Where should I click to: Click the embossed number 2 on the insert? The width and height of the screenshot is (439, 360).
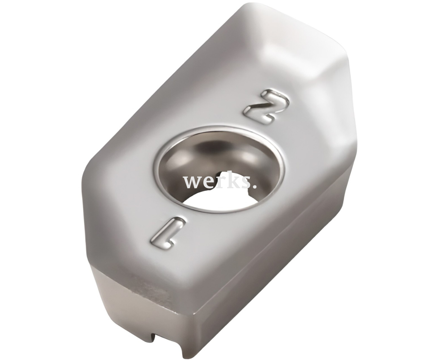pos(266,106)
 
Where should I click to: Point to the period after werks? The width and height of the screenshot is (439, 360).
pos(254,185)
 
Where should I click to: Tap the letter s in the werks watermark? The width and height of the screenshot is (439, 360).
pos(244,182)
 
